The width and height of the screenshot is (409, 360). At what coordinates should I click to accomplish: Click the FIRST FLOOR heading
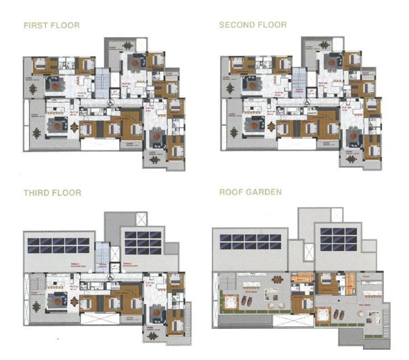(51, 25)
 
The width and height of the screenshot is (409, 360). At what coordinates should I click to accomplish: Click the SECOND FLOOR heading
(253, 25)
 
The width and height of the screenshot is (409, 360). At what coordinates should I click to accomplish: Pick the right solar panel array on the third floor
(142, 242)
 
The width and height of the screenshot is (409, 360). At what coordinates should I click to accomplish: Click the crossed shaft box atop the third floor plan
(140, 219)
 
